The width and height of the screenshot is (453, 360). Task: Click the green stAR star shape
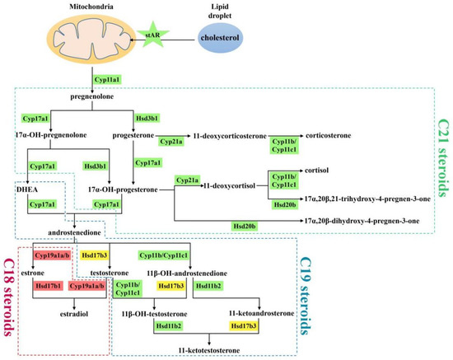coord(153,35)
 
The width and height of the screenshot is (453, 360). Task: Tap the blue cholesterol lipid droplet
coord(220,38)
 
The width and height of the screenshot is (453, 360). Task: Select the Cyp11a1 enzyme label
coord(107,79)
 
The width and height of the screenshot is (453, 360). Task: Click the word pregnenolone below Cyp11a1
coord(92,96)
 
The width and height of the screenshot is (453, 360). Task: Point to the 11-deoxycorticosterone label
coord(230,136)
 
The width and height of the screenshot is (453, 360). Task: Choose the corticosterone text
coord(328,135)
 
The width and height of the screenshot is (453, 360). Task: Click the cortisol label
coord(316,171)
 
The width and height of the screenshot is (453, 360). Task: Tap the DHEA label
coord(27,189)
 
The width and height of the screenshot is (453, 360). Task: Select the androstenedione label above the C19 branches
coord(74,232)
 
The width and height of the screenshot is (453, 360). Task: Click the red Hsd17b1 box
coord(49,286)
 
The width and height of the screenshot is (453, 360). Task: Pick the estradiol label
coord(74,314)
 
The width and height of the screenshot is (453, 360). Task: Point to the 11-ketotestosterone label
coord(209,350)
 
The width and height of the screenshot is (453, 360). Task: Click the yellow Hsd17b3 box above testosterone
coord(95,255)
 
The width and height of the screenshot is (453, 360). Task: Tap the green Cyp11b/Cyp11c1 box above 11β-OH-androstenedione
coord(164,255)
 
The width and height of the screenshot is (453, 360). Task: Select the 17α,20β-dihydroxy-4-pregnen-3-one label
coord(362,221)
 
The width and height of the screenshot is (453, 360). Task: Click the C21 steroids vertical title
coord(444,157)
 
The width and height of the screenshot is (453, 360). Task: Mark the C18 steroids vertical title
coord(10,297)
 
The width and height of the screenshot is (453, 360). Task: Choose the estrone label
coord(33,273)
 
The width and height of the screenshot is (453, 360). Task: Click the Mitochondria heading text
coord(91,7)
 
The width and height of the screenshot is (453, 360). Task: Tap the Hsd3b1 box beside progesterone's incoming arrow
coord(147,118)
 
